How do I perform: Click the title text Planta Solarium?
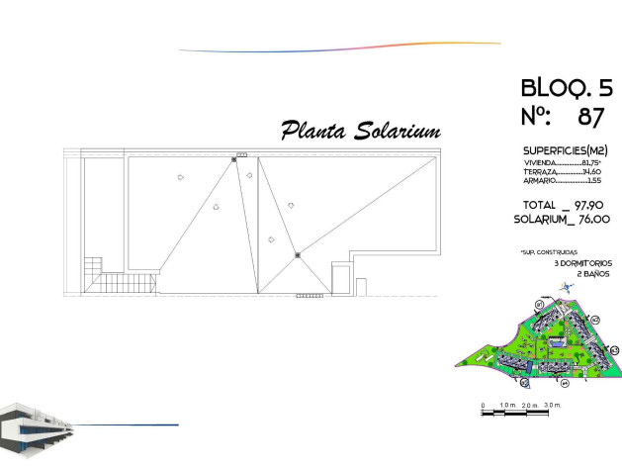click(x=360, y=131)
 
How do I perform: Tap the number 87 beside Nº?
click(x=590, y=116)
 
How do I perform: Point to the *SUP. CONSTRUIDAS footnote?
click(x=548, y=253)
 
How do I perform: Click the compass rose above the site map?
click(x=565, y=287)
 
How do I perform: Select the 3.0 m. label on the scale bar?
click(x=553, y=405)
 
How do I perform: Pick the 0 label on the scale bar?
click(x=484, y=405)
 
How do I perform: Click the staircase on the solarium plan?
click(x=93, y=267)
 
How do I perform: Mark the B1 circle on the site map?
click(x=540, y=304)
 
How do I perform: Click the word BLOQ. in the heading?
click(x=551, y=87)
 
